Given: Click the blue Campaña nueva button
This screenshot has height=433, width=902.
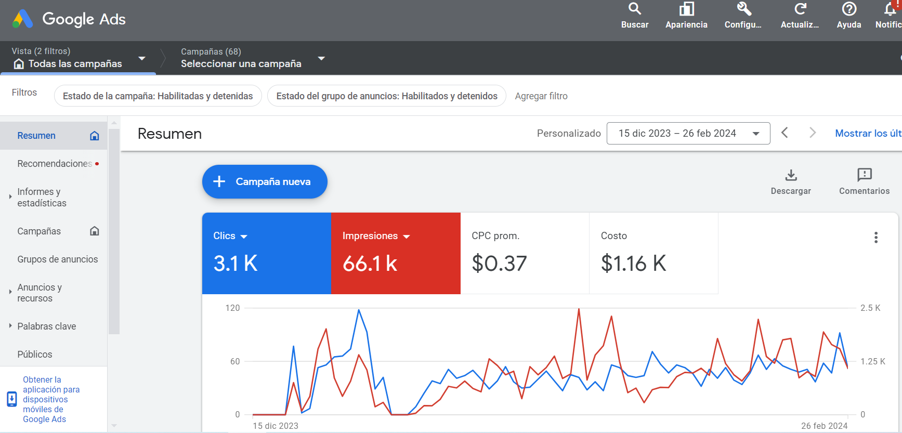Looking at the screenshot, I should coord(264,181).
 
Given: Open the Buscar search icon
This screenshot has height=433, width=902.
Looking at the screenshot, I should coord(634,9).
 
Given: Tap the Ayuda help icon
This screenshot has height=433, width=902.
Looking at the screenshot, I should coord(848,9).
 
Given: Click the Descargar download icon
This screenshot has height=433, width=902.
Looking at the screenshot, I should coord(791,175).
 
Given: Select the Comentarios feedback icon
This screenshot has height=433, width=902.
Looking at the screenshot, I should coord(864,175).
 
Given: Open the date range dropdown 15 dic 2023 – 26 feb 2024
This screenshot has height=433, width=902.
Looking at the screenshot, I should coord(688,134).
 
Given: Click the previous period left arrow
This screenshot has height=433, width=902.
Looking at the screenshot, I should coord(785,133).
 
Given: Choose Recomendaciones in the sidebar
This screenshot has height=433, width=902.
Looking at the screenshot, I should coord(55,164).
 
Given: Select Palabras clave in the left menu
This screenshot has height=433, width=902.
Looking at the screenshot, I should coord(47,326).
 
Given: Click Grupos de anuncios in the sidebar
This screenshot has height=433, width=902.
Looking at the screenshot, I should coord(57,259).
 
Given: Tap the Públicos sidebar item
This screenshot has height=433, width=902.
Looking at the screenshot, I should coord(35,355).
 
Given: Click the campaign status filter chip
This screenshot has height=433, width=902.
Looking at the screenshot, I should coord(158,96).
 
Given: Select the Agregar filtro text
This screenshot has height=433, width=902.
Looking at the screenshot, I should coord(541,96).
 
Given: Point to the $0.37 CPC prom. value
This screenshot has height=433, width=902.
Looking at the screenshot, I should coord(499,264).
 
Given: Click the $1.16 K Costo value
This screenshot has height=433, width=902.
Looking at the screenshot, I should coord(633,264).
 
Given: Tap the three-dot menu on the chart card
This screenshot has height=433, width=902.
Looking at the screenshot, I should coord(875,238).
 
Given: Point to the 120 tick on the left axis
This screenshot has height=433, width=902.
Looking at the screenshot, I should coord(232,308).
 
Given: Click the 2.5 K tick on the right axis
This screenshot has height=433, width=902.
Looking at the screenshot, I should coord(870,308).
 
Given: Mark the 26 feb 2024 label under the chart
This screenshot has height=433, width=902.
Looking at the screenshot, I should coord(824,426).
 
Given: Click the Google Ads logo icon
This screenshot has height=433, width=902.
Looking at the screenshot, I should coord(22,19).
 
